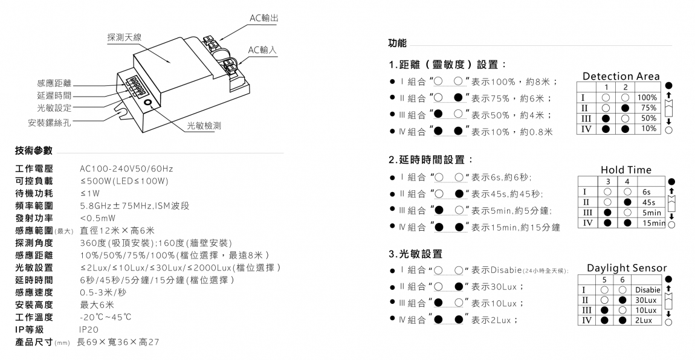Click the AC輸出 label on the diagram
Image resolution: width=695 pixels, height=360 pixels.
pos(264,18)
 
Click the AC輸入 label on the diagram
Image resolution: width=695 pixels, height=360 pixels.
pos(263,50)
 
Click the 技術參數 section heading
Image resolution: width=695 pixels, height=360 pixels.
pos(34,150)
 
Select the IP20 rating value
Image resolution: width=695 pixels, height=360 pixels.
pos(89,330)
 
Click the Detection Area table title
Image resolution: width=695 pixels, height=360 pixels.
pos(621,76)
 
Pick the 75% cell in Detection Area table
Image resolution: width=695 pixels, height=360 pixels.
pos(648,108)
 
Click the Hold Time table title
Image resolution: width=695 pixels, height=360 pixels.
pos(626,170)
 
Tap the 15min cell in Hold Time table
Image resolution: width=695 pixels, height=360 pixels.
pos(653,223)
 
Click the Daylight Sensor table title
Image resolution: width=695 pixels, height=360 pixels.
pos(627,268)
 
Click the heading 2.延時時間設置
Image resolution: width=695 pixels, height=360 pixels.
pos(430,159)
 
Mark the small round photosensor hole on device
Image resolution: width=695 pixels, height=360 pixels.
pos(147,103)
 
